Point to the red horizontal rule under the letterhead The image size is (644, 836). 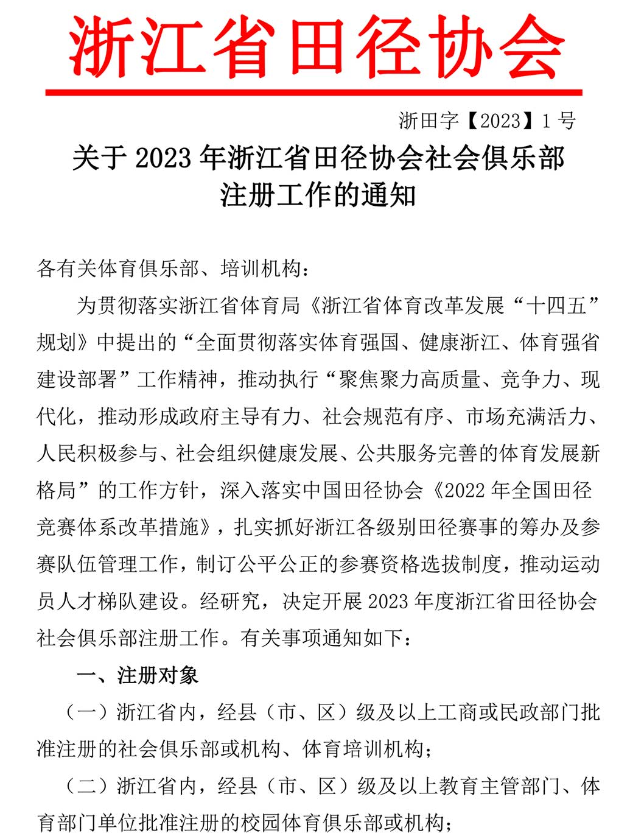click(313, 93)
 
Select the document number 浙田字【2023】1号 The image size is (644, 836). click(487, 121)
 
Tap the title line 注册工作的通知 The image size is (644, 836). click(318, 195)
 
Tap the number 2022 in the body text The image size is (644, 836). click(466, 491)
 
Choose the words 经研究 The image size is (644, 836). click(229, 602)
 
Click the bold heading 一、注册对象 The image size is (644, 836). click(138, 675)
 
